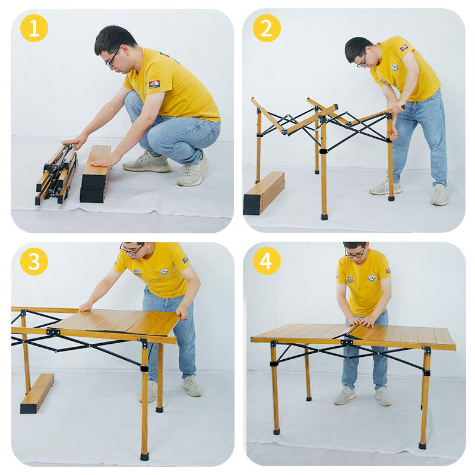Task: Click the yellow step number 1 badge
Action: pyautogui.click(x=34, y=28)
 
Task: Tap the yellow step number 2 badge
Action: pyautogui.click(x=267, y=28)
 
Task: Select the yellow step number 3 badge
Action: pyautogui.click(x=34, y=261)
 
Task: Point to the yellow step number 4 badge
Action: pyautogui.click(x=267, y=261)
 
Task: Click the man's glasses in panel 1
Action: pyautogui.click(x=113, y=58)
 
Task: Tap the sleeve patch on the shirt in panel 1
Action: pyautogui.click(x=154, y=84)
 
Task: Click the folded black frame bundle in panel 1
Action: pyautogui.click(x=56, y=173)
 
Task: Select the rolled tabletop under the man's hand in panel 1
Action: pyautogui.click(x=96, y=174)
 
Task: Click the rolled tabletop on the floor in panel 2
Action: pyautogui.click(x=264, y=192)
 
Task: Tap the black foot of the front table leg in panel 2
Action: pyautogui.click(x=324, y=217)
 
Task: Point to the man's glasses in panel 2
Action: pyautogui.click(x=362, y=62)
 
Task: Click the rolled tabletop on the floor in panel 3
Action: pyautogui.click(x=37, y=393)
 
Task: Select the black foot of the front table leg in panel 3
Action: pyautogui.click(x=144, y=457)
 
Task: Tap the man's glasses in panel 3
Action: pyautogui.click(x=132, y=249)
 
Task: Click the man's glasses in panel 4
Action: pyautogui.click(x=355, y=254)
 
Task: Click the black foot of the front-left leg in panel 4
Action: pyautogui.click(x=277, y=432)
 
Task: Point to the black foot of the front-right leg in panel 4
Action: pyautogui.click(x=423, y=446)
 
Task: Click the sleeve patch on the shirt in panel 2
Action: pyautogui.click(x=404, y=48)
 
